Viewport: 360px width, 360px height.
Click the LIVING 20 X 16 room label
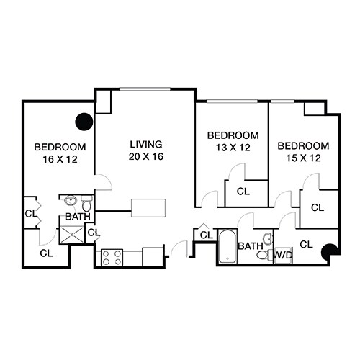point(145,150)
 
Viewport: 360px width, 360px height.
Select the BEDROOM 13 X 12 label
point(233,141)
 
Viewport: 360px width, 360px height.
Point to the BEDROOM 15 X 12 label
point(304,151)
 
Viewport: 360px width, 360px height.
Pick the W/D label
point(282,254)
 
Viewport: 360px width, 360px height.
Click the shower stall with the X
point(72,232)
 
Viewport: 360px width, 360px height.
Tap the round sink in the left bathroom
point(71,201)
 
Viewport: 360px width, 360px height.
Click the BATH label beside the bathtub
point(250,246)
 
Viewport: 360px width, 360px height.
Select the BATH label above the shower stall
point(78,217)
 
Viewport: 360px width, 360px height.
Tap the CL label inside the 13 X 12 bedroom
point(243,192)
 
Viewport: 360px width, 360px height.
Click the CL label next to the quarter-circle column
point(305,244)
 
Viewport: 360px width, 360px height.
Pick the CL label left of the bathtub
point(206,235)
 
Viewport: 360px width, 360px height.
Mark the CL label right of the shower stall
point(93,232)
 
